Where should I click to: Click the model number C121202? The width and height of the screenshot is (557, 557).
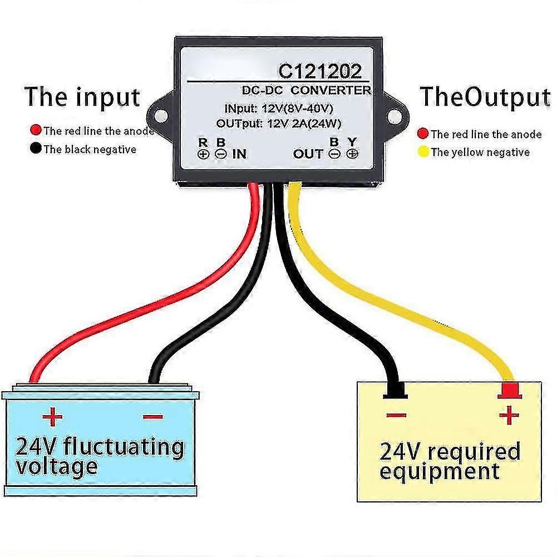[320, 71]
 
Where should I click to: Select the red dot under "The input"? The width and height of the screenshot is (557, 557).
[36, 130]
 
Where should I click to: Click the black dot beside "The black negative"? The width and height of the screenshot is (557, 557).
[36, 148]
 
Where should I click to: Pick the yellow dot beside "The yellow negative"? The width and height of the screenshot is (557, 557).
[423, 152]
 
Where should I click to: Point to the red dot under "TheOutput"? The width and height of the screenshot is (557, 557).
[423, 134]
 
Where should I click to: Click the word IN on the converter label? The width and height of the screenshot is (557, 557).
[239, 154]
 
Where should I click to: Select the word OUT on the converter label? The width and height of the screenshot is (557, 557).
[308, 154]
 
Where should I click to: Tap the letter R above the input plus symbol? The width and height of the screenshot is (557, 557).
[203, 142]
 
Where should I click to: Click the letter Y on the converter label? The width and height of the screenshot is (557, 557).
[352, 142]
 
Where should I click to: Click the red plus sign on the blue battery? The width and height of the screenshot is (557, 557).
[52, 416]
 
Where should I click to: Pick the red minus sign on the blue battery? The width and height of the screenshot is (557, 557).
[153, 417]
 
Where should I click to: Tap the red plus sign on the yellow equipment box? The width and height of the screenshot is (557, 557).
[509, 415]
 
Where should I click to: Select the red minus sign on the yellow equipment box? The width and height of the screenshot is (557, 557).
[396, 415]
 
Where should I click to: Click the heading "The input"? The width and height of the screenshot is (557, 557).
[82, 97]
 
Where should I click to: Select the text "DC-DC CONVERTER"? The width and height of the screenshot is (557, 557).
[307, 90]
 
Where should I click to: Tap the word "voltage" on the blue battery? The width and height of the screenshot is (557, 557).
[57, 467]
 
